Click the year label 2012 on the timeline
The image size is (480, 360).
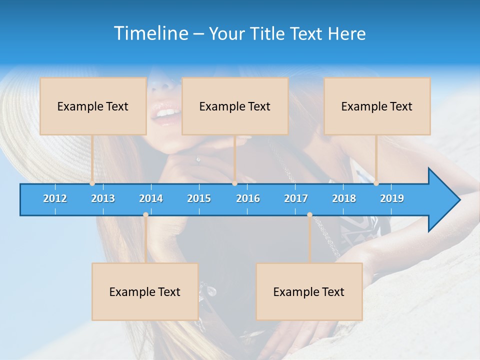coord(55,198)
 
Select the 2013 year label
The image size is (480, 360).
coord(103,198)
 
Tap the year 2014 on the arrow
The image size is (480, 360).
coord(151,198)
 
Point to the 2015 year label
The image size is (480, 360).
coord(199,198)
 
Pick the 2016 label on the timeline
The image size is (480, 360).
coord(248,198)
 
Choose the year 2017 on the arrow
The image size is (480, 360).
coord(296,198)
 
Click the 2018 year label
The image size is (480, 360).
coord(344,198)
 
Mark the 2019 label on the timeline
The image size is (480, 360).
coord(392,198)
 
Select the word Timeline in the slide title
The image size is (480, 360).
coord(151,33)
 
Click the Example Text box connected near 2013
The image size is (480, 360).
coord(93,106)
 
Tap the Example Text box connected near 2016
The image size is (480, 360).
coord(235,106)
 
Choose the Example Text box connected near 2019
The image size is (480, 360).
coord(377,106)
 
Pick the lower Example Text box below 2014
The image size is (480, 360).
coord(145,291)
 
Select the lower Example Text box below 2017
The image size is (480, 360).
coord(309,291)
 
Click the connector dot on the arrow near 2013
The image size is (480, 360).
coord(92,183)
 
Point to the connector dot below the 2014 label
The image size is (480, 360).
coord(145,215)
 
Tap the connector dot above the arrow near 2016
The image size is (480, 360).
coord(234,183)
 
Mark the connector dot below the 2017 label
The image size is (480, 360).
coord(309,215)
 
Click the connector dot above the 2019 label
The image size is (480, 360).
coord(376,183)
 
